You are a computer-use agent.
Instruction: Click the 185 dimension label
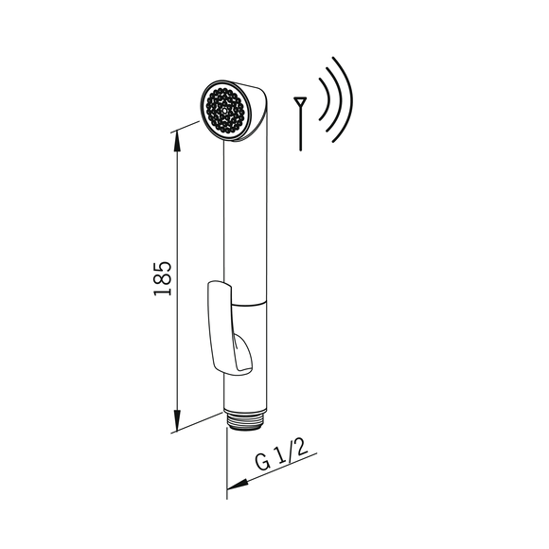pyautogui.click(x=163, y=278)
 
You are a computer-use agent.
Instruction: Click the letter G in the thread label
pyautogui.click(x=262, y=463)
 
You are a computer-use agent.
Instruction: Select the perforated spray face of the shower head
pyautogui.click(x=223, y=110)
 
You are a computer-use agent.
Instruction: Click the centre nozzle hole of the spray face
pyautogui.click(x=223, y=110)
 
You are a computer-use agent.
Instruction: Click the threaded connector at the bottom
pyautogui.click(x=246, y=419)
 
